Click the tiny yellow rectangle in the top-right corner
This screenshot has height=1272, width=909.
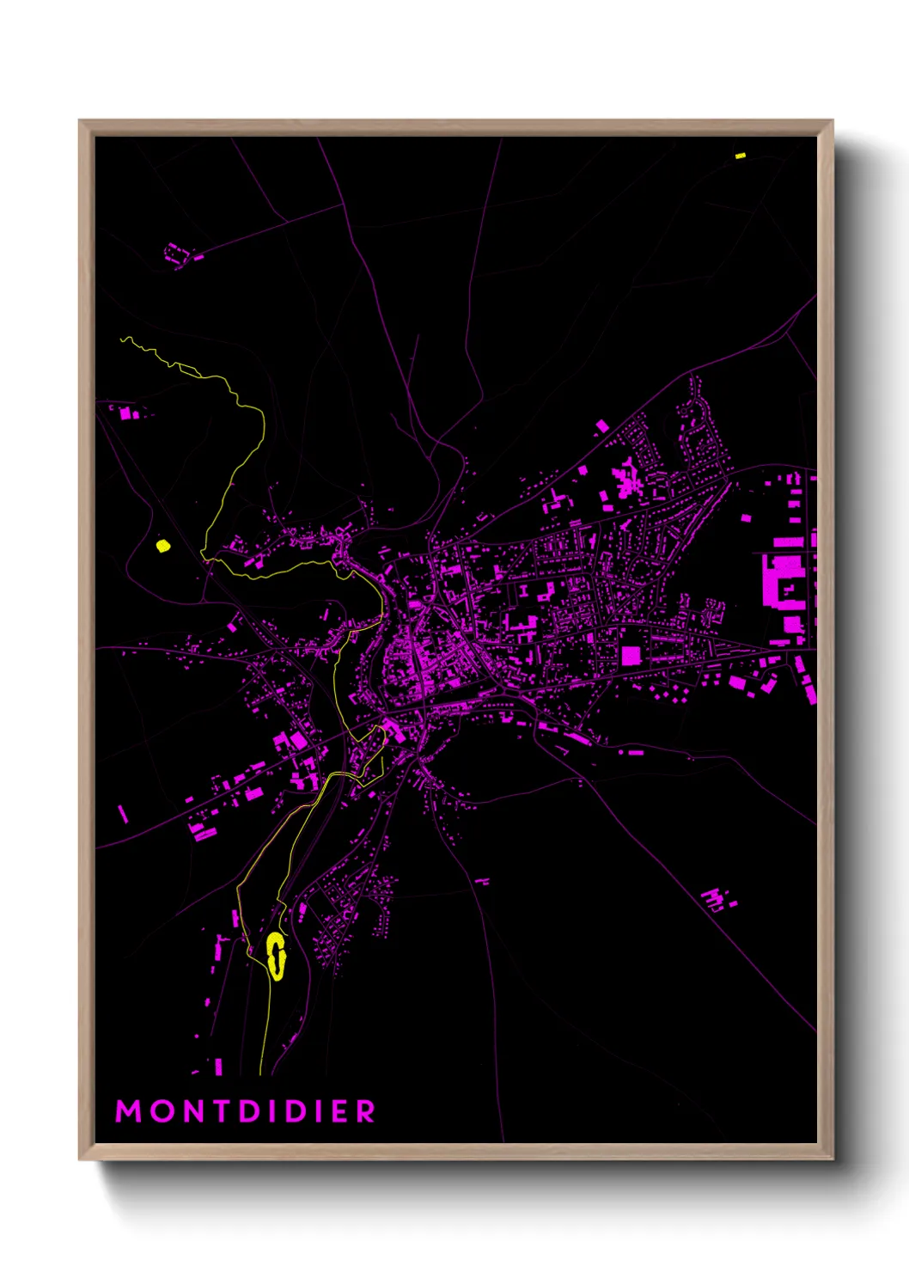pyautogui.click(x=740, y=156)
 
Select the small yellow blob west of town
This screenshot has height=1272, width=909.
pyautogui.click(x=162, y=545)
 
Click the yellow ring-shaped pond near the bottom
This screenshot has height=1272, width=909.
pyautogui.click(x=276, y=956)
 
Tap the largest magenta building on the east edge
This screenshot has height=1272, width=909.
pyautogui.click(x=782, y=580)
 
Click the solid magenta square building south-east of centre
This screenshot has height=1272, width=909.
pyautogui.click(x=631, y=656)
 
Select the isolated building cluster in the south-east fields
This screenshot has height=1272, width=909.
pyautogui.click(x=717, y=900)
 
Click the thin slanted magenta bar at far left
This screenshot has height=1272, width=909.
pyautogui.click(x=123, y=813)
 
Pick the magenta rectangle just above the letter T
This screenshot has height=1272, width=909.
pyautogui.click(x=218, y=1067)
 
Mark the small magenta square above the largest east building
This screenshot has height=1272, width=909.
pyautogui.click(x=745, y=518)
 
